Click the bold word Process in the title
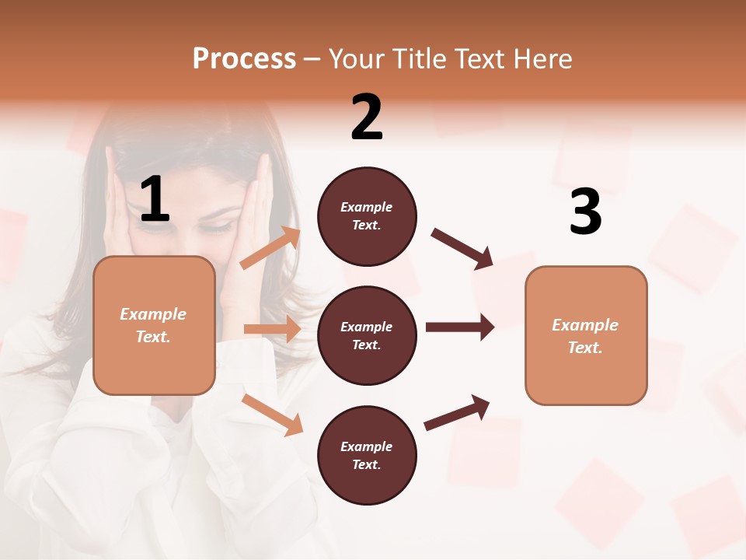[x=244, y=58]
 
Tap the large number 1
[x=155, y=200]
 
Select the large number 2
[x=367, y=117]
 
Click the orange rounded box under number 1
[x=154, y=325]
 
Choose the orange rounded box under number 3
[x=586, y=335]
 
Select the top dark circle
[x=367, y=216]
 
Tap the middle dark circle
[x=367, y=335]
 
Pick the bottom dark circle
[x=367, y=455]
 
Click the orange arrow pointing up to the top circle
[x=270, y=248]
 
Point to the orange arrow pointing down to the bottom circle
[x=273, y=415]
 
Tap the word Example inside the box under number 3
[x=584, y=325]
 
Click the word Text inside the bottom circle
[x=365, y=464]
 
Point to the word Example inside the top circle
[x=366, y=207]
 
